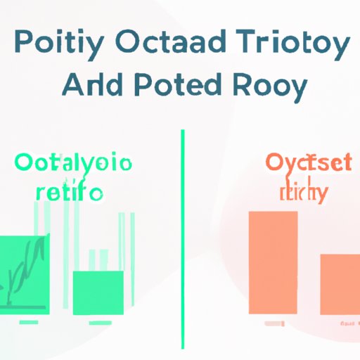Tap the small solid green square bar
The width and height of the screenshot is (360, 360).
pyautogui.click(x=98, y=292)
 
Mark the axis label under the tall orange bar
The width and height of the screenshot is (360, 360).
pyautogui.click(x=274, y=323)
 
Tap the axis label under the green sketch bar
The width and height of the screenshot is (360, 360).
pyautogui.click(x=29, y=322)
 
